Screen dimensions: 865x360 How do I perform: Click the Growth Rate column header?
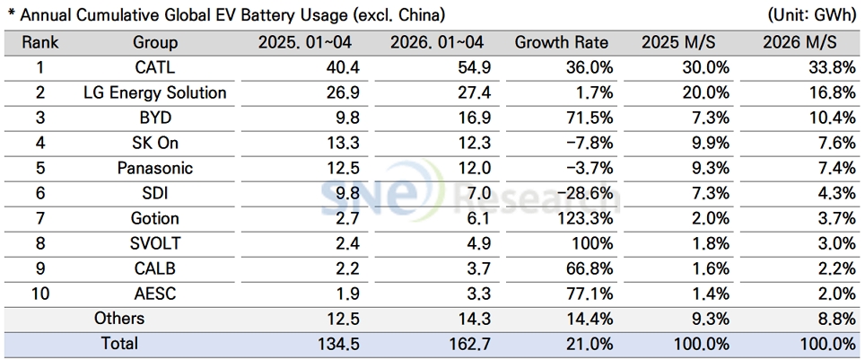click(x=561, y=42)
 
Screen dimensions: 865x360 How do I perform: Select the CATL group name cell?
click(x=155, y=68)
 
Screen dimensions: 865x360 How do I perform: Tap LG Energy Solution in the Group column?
click(x=155, y=92)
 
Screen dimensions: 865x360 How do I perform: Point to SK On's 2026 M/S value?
click(x=835, y=143)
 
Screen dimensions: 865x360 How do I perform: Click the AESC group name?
click(x=155, y=294)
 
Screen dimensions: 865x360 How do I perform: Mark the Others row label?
click(x=119, y=318)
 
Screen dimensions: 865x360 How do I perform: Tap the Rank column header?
click(x=39, y=42)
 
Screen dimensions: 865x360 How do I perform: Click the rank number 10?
click(x=40, y=294)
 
